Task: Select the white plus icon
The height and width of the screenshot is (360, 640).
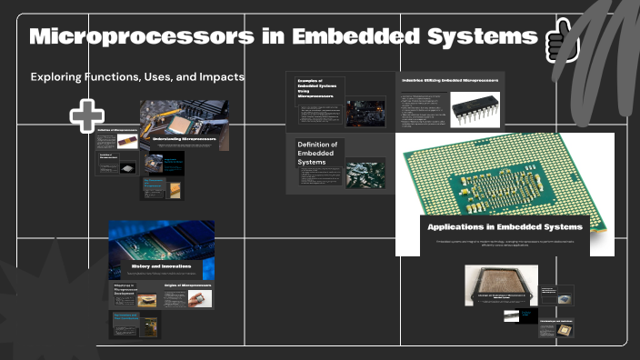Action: coord(87,115)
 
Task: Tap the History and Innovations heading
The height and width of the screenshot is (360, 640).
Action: coord(160,265)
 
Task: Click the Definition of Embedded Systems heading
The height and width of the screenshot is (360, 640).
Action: coord(317,152)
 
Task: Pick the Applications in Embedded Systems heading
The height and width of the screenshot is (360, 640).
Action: coord(505,226)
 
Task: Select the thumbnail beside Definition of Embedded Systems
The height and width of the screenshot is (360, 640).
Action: coord(365,172)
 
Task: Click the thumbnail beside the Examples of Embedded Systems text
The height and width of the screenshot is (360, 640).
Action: coord(365,113)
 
